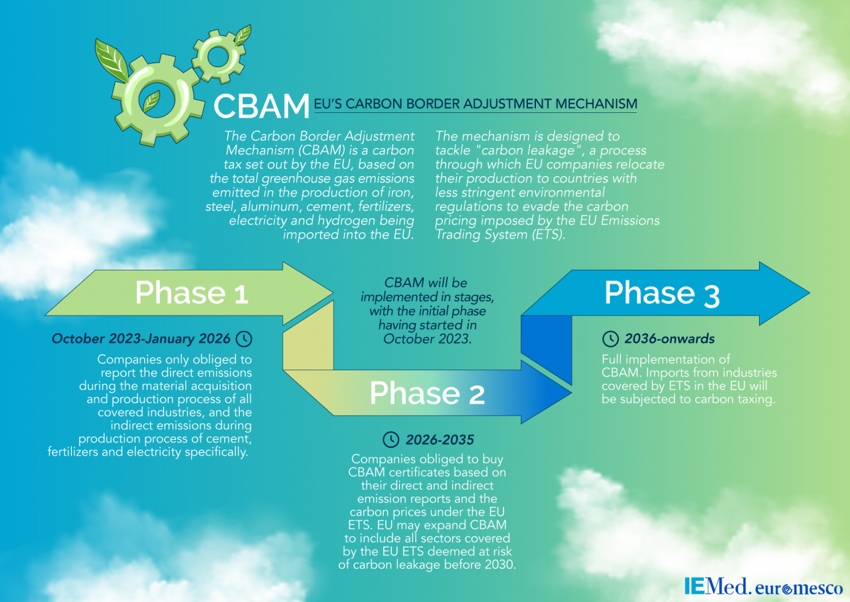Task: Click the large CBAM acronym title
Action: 262,106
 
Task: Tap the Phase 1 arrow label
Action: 191,293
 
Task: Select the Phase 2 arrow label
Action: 427,393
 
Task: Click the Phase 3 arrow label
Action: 661,293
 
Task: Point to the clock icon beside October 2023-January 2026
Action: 244,339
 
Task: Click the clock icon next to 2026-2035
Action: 392,439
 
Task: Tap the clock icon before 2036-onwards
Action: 610,339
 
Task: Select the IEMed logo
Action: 718,587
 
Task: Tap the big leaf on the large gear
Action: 112,60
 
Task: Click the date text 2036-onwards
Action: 669,339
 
